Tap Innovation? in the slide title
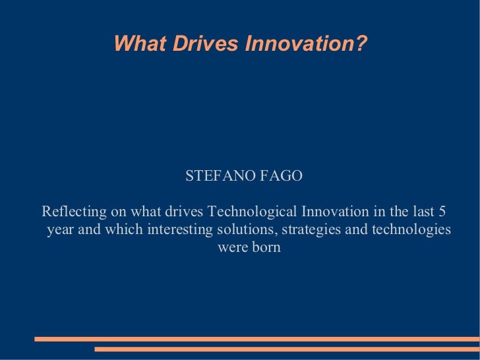306,44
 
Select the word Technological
253,212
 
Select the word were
230,248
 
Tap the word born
266,248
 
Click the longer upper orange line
257,339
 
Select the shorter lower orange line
287,349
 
